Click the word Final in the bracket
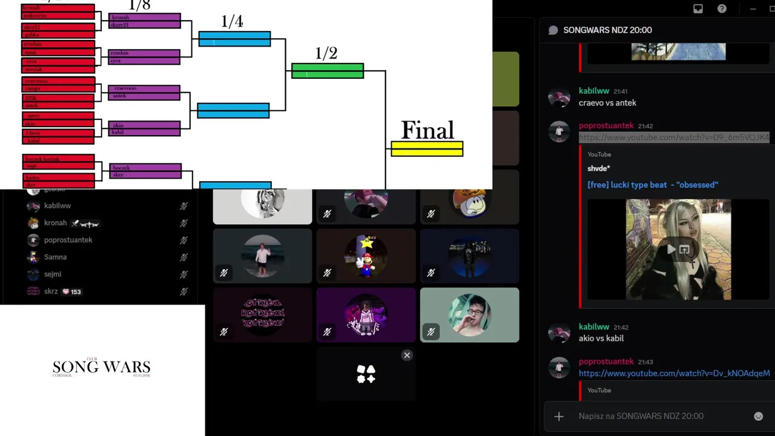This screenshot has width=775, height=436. click(427, 130)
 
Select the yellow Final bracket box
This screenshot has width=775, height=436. click(427, 149)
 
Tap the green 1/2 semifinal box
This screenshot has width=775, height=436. click(328, 71)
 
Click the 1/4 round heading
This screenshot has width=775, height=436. click(232, 22)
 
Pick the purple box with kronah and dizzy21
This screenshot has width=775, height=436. click(145, 21)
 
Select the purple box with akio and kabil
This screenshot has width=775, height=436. click(145, 128)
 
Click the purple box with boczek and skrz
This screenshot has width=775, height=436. click(145, 171)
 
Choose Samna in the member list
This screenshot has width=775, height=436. click(55, 257)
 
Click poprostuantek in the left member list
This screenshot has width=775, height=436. click(68, 240)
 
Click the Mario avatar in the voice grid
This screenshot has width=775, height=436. click(366, 256)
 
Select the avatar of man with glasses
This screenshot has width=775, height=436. click(469, 315)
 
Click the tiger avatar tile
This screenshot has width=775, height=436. click(263, 203)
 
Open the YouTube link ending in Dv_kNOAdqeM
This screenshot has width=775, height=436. click(674, 374)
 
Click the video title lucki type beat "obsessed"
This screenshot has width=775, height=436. click(653, 185)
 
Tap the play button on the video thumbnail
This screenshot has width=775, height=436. click(671, 249)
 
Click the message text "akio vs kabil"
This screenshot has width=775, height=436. click(601, 339)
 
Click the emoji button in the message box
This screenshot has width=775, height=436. click(758, 416)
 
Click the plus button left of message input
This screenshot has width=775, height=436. click(559, 416)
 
